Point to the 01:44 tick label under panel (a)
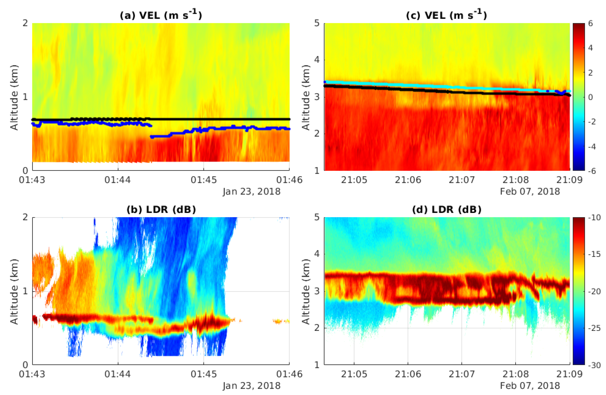pyautogui.click(x=118, y=180)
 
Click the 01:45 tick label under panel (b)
pyautogui.click(x=203, y=374)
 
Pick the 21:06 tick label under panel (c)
pyautogui.click(x=408, y=180)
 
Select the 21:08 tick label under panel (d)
pyautogui.click(x=516, y=374)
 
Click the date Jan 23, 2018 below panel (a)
pyautogui.click(x=252, y=191)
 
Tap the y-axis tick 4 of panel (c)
pyautogui.click(x=317, y=60)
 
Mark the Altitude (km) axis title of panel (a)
pyautogui.click(x=14, y=97)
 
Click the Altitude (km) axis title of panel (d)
pyautogui.click(x=306, y=291)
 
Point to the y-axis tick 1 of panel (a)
pyautogui.click(x=25, y=97)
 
